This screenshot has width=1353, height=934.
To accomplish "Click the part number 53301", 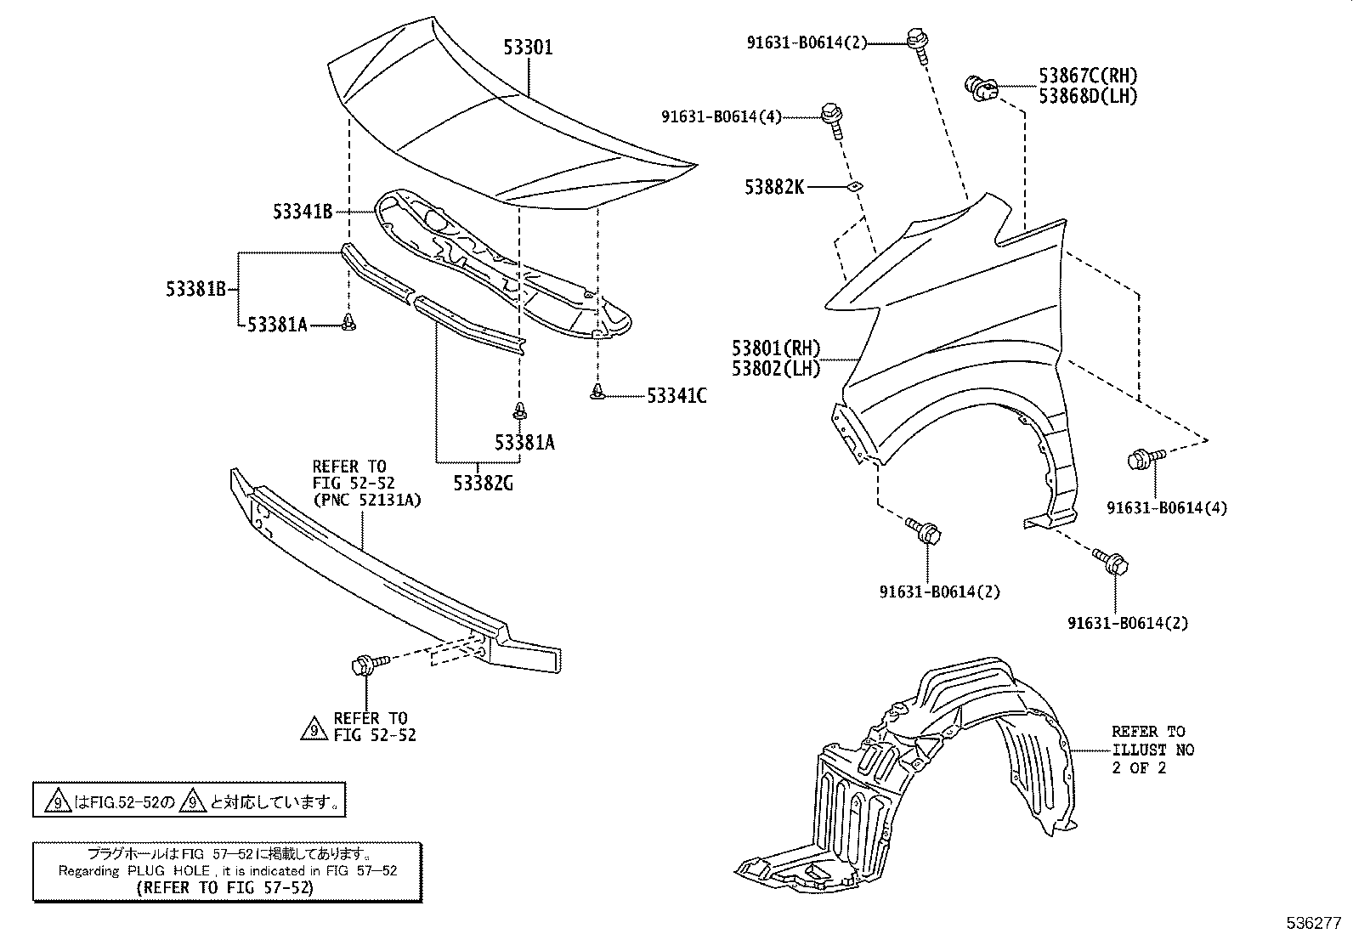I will coord(528,48).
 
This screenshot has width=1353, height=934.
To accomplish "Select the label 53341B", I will coord(303,212).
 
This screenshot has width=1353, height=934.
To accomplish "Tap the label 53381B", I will coord(195,289).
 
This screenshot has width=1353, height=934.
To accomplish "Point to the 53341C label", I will coord(676,396).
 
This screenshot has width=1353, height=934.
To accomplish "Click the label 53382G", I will coord(483,484).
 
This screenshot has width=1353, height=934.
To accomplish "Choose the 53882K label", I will coord(774,187).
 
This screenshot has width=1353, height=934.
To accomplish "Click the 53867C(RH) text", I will coord(1088,76).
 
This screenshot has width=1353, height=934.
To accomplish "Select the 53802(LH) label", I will coord(776,369).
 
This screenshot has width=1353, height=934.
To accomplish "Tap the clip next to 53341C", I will coord(598,391).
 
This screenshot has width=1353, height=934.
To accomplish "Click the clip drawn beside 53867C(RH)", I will coord(981,86).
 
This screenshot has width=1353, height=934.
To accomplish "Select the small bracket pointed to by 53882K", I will coord(857,187).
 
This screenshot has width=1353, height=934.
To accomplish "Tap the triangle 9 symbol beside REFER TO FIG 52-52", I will coord(314,728).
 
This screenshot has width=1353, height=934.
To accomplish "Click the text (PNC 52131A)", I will coord(367,501).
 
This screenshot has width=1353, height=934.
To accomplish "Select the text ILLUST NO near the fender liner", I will coord(1153,750).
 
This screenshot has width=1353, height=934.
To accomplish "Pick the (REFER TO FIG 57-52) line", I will coord(224,887).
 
